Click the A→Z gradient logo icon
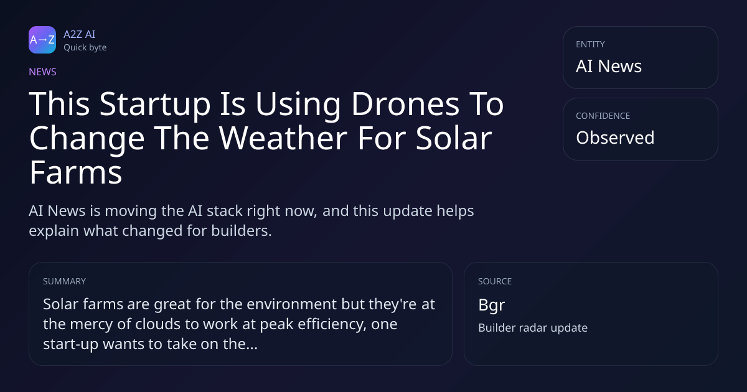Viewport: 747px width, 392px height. click(x=42, y=40)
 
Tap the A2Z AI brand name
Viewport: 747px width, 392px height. click(x=80, y=34)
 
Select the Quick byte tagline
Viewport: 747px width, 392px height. click(x=85, y=48)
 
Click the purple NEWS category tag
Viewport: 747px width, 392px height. click(x=42, y=72)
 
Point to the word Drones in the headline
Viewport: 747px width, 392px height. click(x=405, y=104)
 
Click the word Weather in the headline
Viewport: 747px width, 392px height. click(x=283, y=138)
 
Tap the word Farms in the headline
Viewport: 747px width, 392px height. click(x=76, y=173)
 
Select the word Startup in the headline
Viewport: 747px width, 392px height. click(x=155, y=105)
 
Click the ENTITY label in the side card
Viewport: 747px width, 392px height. click(x=590, y=44)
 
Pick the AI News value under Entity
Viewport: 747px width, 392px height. click(x=609, y=66)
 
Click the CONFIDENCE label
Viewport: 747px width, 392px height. click(x=603, y=116)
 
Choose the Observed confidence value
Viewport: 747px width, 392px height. click(x=615, y=138)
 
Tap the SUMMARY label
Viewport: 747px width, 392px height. click(x=64, y=281)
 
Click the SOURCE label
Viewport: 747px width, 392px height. click(x=495, y=281)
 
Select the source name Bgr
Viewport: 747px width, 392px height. click(x=492, y=306)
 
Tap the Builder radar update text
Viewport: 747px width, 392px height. click(x=533, y=328)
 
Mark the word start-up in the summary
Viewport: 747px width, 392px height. click(x=71, y=345)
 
